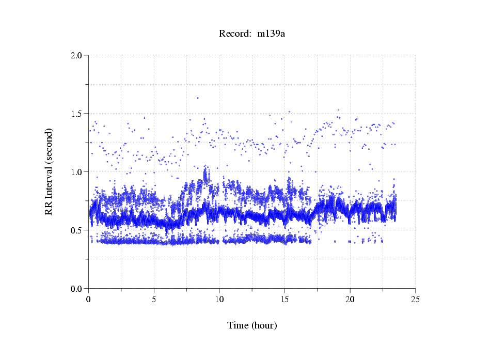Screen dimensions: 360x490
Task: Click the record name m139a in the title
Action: click(271, 34)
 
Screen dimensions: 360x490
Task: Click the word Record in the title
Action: click(235, 34)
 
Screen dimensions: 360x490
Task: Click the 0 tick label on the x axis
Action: click(89, 299)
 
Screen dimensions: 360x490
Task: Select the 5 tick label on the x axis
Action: click(154, 299)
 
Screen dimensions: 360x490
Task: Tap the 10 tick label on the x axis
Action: click(219, 299)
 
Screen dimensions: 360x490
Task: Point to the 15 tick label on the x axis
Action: click(284, 299)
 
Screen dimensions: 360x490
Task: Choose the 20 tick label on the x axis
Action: click(350, 299)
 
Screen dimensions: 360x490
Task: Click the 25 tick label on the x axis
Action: click(415, 299)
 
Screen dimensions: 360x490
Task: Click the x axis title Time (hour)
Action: click(252, 325)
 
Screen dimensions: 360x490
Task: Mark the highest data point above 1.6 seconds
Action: click(198, 98)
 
